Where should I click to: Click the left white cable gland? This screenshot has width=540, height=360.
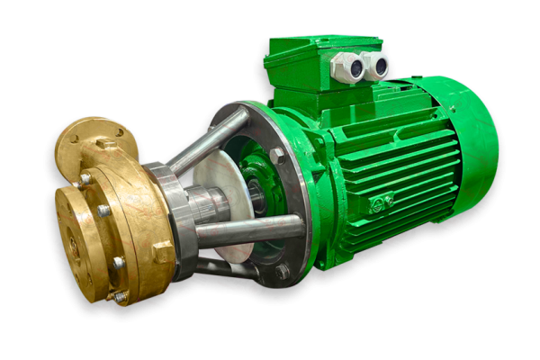(x=346, y=67)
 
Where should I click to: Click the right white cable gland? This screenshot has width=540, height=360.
(x=375, y=65)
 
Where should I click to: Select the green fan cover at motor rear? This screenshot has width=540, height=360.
(x=468, y=144)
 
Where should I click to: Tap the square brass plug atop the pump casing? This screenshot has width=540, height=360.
(x=106, y=143)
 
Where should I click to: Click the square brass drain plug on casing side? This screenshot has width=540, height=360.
(x=162, y=253)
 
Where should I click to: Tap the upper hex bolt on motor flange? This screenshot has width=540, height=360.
(x=276, y=155)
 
